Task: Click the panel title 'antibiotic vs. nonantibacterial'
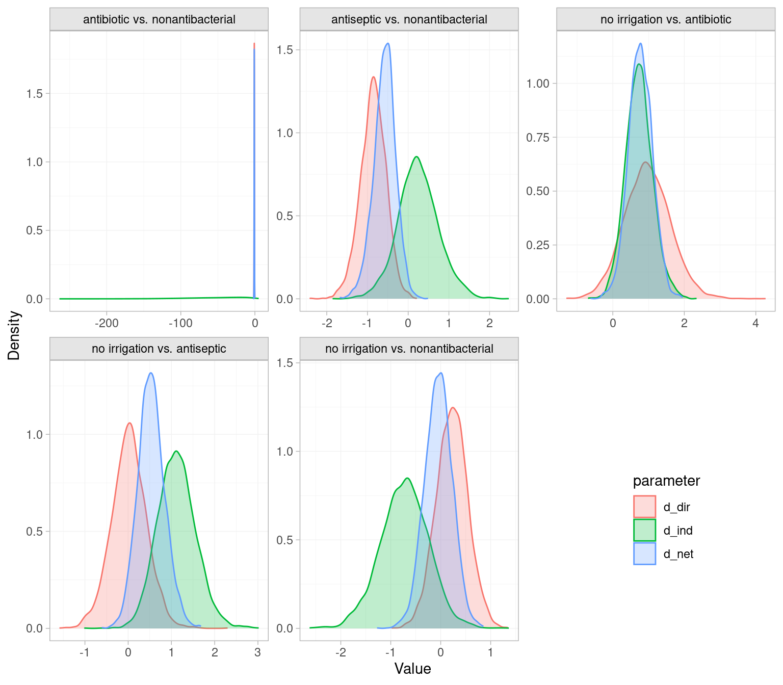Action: point(159,20)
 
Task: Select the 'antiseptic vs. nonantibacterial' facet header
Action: point(409,20)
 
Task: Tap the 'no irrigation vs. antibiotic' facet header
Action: point(666,20)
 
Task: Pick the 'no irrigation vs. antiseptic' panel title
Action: point(159,349)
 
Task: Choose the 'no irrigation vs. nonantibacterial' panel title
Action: point(409,349)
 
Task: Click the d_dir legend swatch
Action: point(644,507)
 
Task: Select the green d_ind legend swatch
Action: point(644,530)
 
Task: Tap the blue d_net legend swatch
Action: point(644,554)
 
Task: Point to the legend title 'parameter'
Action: point(666,481)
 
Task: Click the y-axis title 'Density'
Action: point(14,335)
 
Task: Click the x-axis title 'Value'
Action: point(412,669)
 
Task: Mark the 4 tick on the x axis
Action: point(755,323)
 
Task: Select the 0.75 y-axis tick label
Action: point(538,138)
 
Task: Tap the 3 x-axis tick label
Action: point(257,652)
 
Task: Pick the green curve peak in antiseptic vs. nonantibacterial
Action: point(417,156)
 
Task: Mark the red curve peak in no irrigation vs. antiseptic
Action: point(129,423)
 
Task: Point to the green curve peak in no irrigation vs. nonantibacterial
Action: point(407,478)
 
